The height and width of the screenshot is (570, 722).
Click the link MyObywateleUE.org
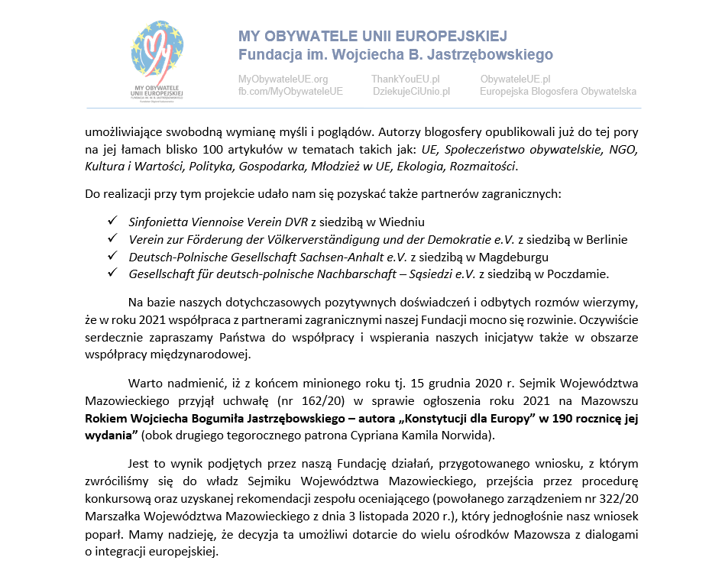point(283,79)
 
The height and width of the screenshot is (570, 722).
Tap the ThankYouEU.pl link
point(405,79)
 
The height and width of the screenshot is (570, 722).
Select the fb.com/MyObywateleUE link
point(290,92)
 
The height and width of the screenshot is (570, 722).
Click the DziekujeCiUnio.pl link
point(411,92)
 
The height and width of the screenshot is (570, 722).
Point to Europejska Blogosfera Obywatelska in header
point(558,92)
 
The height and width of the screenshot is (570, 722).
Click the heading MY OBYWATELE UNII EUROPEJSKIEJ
point(372,37)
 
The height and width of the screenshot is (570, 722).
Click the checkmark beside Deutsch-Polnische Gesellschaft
point(112,257)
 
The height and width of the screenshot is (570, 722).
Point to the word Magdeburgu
point(511,257)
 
